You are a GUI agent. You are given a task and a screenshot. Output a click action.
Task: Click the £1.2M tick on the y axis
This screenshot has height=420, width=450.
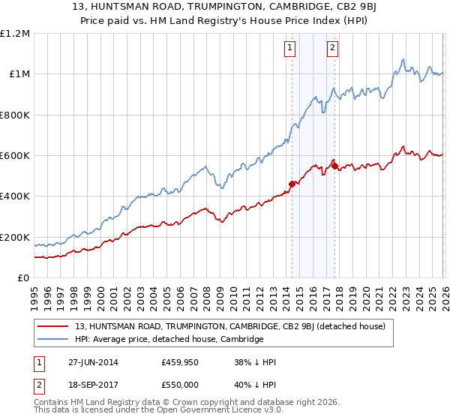[16, 34]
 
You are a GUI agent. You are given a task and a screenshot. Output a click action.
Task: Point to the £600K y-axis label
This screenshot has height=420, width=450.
[14, 156]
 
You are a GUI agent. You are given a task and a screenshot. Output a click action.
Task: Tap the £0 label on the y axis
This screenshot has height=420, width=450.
[24, 278]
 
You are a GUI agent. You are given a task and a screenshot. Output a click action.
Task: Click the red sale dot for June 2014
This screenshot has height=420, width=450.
[292, 184]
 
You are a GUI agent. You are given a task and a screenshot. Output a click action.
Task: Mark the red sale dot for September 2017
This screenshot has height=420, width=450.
[334, 166]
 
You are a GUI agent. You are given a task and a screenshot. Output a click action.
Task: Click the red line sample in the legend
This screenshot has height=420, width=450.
[53, 326]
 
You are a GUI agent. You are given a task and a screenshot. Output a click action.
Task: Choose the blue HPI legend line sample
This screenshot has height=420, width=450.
[53, 339]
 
